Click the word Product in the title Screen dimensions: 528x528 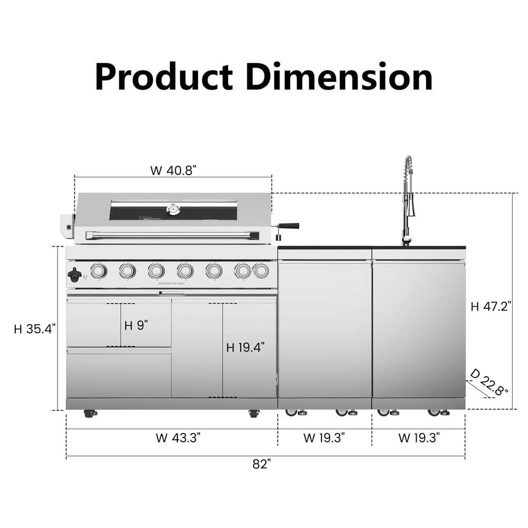(164, 77)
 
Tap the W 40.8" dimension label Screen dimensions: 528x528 (173, 171)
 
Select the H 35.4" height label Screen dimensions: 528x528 (35, 329)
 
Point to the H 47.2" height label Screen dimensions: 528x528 (491, 306)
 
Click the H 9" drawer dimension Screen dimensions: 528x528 (136, 325)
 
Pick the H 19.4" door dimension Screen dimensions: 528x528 (245, 347)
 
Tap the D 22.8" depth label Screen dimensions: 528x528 (489, 382)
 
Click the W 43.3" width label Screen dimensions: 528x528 (178, 438)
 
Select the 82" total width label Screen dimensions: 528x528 (262, 464)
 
